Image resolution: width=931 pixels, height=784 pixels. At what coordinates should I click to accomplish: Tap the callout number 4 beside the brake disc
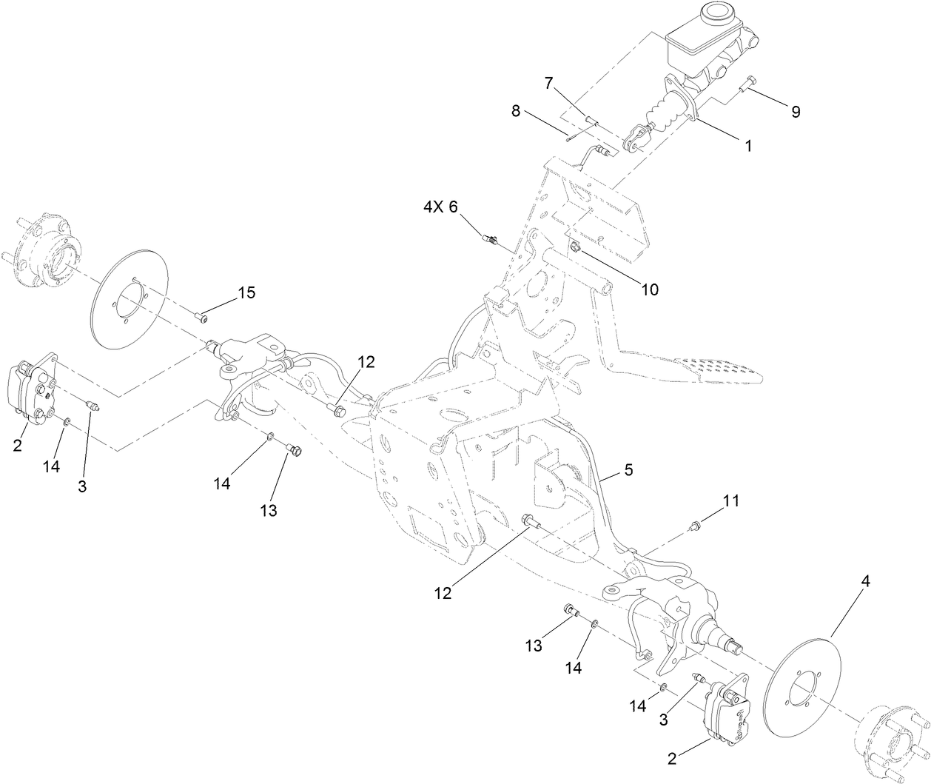(x=865, y=582)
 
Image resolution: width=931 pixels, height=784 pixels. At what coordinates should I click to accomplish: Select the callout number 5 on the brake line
(x=628, y=469)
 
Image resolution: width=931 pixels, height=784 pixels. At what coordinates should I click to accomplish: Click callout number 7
(x=548, y=83)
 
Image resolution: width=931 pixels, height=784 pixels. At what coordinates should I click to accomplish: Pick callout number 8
(x=515, y=112)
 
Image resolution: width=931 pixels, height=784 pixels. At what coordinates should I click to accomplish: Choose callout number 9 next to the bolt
(x=795, y=112)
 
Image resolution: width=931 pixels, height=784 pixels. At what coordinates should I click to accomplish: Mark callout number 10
(x=649, y=289)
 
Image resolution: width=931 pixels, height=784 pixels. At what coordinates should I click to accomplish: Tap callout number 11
(x=730, y=502)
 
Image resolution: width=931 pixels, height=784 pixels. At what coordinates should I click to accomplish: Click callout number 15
(x=246, y=293)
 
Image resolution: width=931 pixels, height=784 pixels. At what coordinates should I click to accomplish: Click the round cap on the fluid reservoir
(x=716, y=13)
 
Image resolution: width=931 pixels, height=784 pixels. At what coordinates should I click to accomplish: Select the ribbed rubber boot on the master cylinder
(x=664, y=117)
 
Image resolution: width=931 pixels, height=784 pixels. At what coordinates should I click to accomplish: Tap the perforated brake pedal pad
(x=717, y=368)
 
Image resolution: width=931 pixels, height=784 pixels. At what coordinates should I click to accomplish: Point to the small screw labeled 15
(x=201, y=318)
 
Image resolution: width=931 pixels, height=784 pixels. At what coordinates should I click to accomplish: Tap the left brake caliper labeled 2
(x=33, y=390)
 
